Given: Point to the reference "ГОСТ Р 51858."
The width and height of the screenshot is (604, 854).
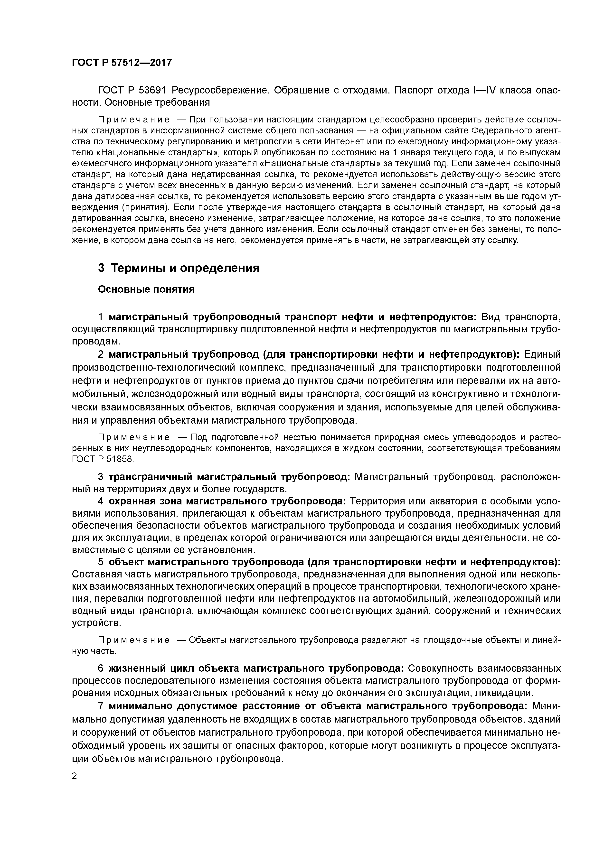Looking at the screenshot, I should coord(102,459).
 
